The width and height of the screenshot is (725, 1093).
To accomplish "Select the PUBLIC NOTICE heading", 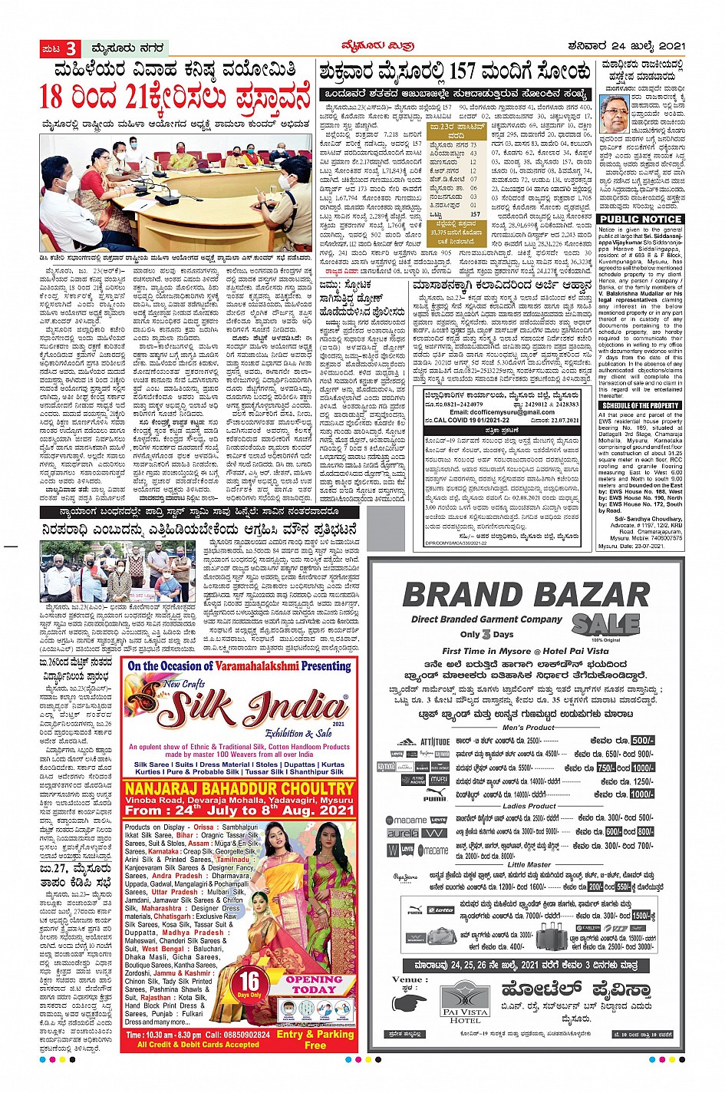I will pos(640,220).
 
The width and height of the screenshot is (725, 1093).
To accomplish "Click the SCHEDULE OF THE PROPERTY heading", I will pos(640,405).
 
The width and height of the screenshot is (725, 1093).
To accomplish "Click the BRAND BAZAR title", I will pos(526,596).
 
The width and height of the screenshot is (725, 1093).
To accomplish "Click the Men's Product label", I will pos(529,727).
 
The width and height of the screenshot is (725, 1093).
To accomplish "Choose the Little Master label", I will pos(529,864).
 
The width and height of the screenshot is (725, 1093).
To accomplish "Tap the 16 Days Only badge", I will pos(250,985).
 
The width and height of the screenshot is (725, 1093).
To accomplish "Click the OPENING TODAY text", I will pos(314,985).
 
